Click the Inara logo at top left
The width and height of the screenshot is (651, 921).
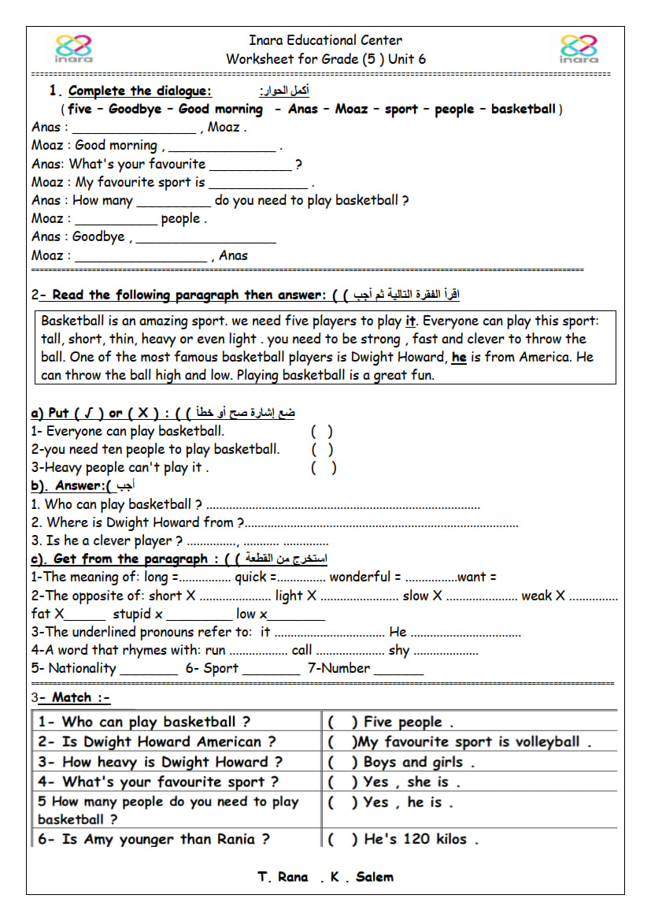coord(74,48)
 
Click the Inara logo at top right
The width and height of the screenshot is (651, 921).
coord(579,48)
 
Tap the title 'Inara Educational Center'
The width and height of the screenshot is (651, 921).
coord(325,40)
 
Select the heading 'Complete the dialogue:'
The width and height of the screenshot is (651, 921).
coord(139,91)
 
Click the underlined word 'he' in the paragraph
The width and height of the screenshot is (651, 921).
coord(459,357)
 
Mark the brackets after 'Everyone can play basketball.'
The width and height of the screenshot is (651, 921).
coord(322,431)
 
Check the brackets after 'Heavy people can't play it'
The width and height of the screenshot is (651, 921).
coord(324,467)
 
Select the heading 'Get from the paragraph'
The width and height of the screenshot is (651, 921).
coord(130,559)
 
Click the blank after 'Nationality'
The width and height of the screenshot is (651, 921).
coord(149,670)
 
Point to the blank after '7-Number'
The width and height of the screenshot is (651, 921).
coord(398,670)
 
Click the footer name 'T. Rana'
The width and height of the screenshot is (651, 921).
coord(283,877)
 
